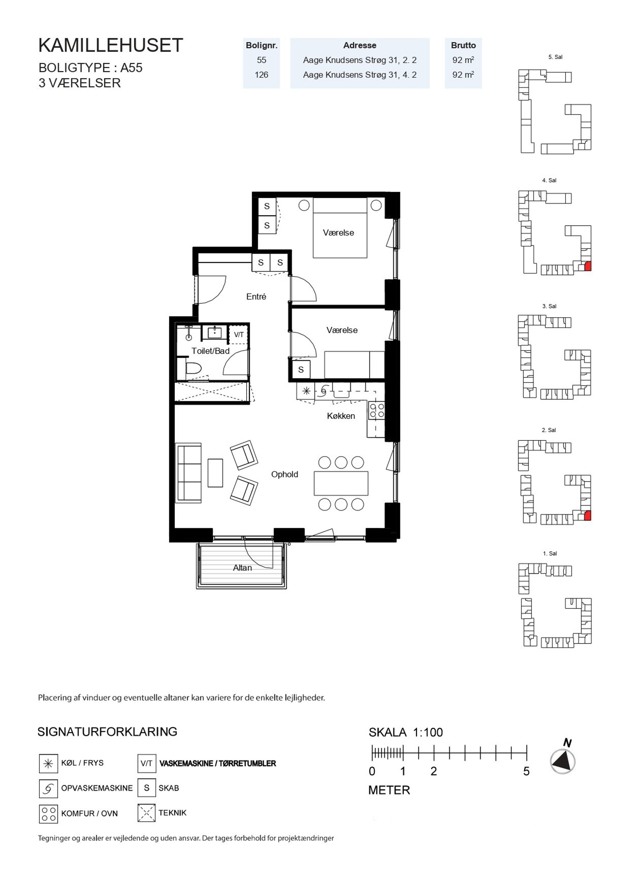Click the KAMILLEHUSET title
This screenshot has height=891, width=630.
[x=111, y=45]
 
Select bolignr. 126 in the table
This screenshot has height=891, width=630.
[x=261, y=75]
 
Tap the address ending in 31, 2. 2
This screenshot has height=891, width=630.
[x=359, y=60]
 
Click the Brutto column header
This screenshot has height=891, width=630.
[x=463, y=45]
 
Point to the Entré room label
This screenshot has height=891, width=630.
[x=256, y=297]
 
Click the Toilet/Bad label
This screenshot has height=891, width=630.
[x=211, y=351]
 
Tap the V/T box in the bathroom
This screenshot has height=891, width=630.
[x=239, y=334]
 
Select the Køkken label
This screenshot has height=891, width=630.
[x=341, y=416]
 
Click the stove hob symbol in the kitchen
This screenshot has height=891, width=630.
[x=377, y=411]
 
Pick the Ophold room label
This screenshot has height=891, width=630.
[x=285, y=474]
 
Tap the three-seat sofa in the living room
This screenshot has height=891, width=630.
[x=189, y=473]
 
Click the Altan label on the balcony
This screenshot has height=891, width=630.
[x=242, y=568]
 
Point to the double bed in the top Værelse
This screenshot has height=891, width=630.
[x=340, y=228]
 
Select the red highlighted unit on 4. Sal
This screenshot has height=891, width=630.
[x=588, y=266]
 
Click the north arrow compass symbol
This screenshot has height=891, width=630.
[x=563, y=762]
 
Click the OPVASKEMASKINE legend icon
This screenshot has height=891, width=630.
[x=48, y=788]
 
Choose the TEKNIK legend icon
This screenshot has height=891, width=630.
[x=146, y=813]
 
